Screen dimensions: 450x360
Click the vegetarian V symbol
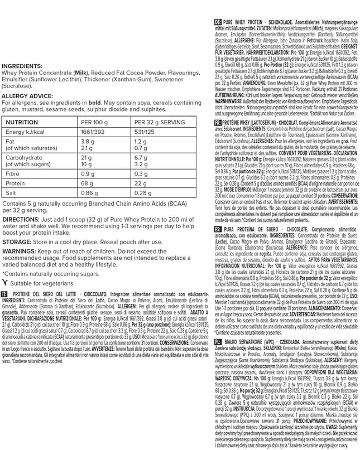(x=5, y=283)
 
